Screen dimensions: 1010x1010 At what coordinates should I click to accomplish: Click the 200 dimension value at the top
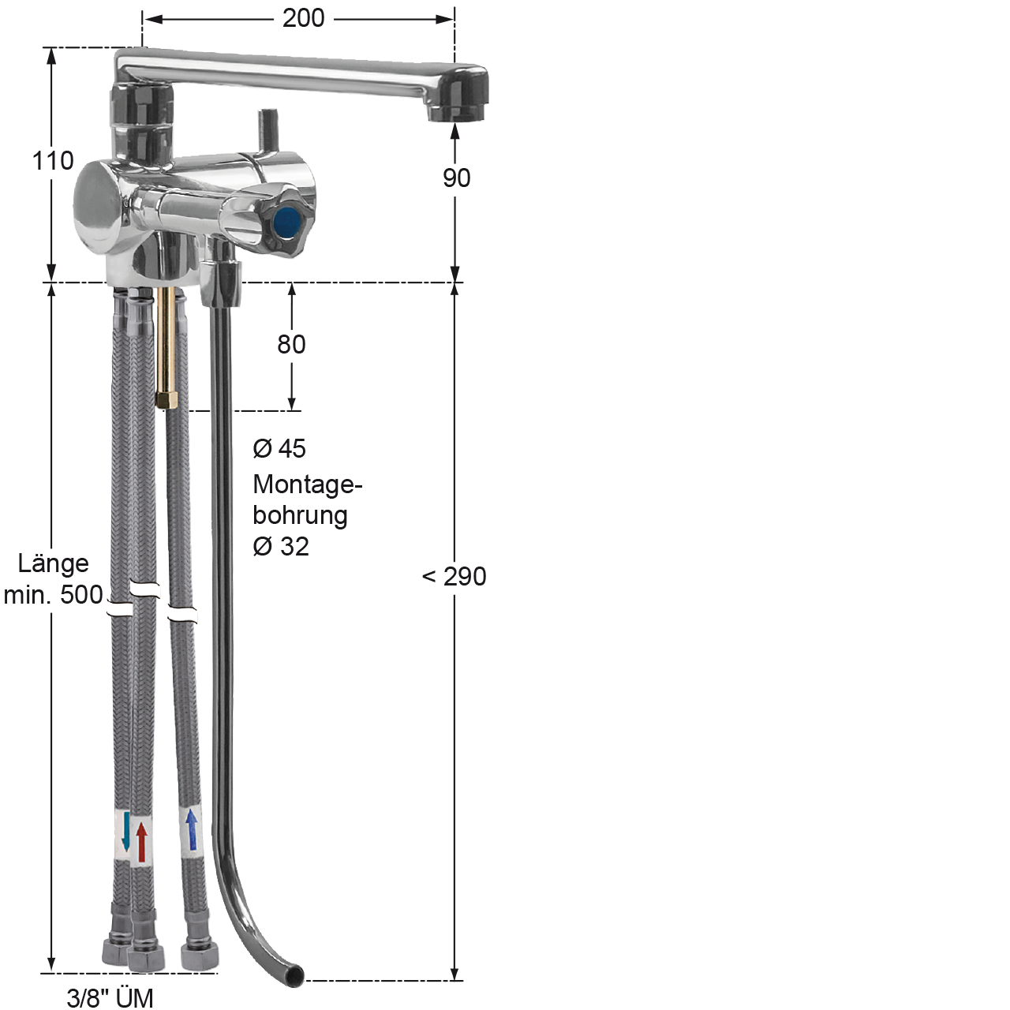(304, 19)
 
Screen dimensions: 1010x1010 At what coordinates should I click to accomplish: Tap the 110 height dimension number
(53, 161)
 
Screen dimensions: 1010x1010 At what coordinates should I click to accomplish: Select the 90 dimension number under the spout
(456, 178)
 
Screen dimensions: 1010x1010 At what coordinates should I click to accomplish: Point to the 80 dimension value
(291, 344)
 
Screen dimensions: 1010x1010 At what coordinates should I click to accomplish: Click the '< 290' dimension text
(454, 577)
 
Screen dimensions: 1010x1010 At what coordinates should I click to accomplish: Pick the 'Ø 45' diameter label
(279, 449)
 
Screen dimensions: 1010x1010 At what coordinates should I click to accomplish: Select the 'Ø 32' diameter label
(281, 547)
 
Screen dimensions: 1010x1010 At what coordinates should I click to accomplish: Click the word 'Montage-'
(308, 484)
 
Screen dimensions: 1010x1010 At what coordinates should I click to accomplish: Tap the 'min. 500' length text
(53, 595)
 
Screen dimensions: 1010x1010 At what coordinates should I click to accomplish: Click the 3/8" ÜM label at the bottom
(110, 997)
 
